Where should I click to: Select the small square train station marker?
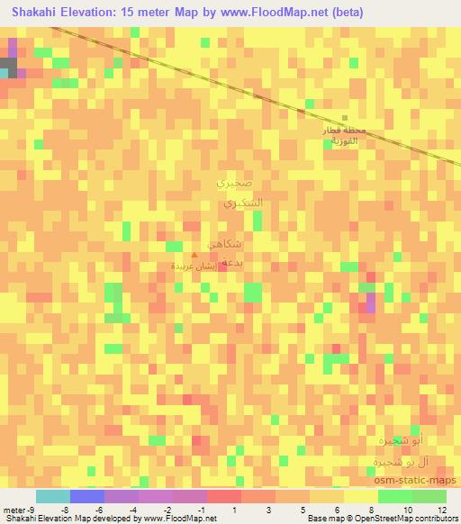click(345, 119)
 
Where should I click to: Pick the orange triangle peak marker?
click(193, 255)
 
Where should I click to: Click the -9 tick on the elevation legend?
click(32, 509)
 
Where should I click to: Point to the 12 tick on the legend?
click(445, 509)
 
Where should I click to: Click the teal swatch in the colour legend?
click(52, 496)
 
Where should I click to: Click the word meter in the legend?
click(14, 509)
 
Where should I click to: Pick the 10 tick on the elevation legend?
click(410, 509)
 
